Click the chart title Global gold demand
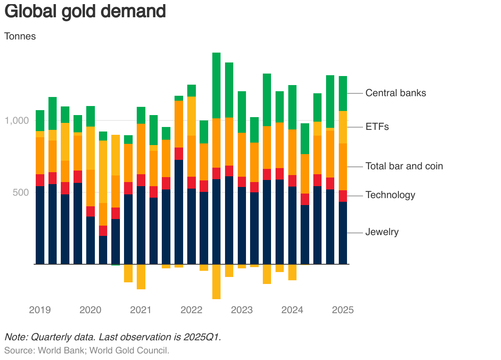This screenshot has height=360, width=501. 85,12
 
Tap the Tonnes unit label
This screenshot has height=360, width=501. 20,36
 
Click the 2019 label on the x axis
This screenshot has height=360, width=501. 40,310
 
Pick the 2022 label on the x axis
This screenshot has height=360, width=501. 191,310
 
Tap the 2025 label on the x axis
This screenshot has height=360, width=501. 343,310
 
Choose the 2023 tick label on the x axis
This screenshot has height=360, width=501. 242,310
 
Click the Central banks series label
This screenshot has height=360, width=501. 395,93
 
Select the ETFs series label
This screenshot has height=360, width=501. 377,127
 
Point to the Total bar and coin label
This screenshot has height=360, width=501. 404,166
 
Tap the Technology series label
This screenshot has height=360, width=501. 390,195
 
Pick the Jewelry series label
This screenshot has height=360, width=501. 382,232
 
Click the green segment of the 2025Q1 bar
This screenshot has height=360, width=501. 343,93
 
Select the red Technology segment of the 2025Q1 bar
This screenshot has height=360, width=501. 343,196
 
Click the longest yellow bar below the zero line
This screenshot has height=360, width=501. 216,282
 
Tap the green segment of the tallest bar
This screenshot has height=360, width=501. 216,85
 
